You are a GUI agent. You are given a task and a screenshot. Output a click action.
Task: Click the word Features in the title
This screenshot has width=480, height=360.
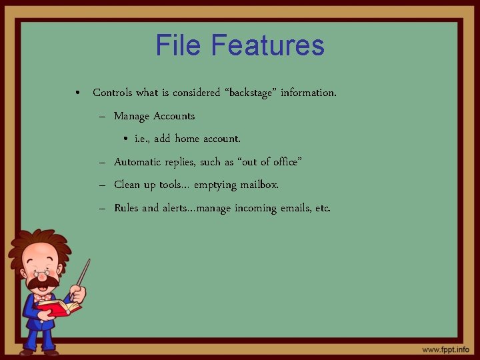pyautogui.click(x=268, y=45)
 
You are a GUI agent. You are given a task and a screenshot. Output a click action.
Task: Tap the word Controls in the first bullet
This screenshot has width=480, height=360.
pyautogui.click(x=115, y=93)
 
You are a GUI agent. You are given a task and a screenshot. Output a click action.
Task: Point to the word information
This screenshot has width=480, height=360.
pyautogui.click(x=308, y=93)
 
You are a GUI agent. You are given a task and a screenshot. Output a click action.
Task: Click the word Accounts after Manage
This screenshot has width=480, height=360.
pyautogui.click(x=174, y=116)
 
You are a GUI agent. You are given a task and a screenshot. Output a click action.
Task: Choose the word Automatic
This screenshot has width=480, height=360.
pyautogui.click(x=139, y=162)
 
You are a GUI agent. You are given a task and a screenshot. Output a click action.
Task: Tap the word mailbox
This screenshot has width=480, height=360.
pyautogui.click(x=259, y=185)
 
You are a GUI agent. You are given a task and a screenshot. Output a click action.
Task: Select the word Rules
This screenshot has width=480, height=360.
pyautogui.click(x=127, y=208)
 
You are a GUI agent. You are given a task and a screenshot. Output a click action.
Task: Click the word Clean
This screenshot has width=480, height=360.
pyautogui.click(x=127, y=185)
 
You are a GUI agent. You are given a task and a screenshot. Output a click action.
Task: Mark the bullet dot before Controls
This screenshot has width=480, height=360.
pyautogui.click(x=79, y=93)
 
